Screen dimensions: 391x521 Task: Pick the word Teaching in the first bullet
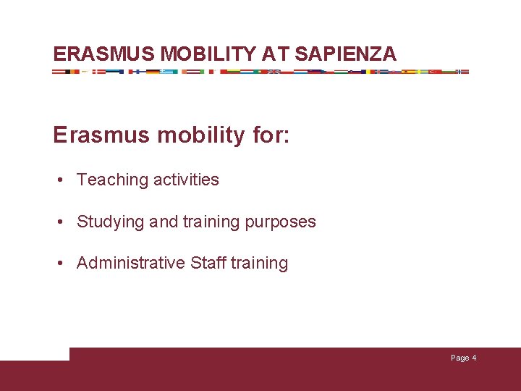(108, 180)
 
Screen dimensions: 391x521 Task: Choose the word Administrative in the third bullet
(131, 263)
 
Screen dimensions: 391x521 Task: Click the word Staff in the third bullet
(208, 263)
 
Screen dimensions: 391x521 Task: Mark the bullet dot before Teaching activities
(64, 180)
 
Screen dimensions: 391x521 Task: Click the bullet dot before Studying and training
(64, 222)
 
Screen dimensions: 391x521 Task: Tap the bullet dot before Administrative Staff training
(64, 264)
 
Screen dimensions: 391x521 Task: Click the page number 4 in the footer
(474, 358)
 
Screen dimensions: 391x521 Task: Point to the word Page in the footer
(459, 358)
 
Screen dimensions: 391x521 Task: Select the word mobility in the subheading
(198, 135)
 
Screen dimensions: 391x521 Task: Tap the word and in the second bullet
(163, 222)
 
